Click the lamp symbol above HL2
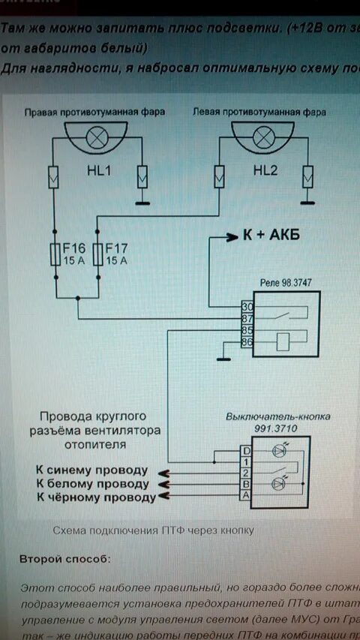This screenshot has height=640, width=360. tap(263, 138)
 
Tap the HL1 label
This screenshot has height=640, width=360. tap(97, 171)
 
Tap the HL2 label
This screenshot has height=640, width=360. tap(265, 171)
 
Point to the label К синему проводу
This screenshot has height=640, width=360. tap(91, 470)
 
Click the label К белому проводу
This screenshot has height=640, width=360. tap(91, 483)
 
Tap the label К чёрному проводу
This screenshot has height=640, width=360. tap(94, 497)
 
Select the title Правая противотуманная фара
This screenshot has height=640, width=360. tap(94, 112)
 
